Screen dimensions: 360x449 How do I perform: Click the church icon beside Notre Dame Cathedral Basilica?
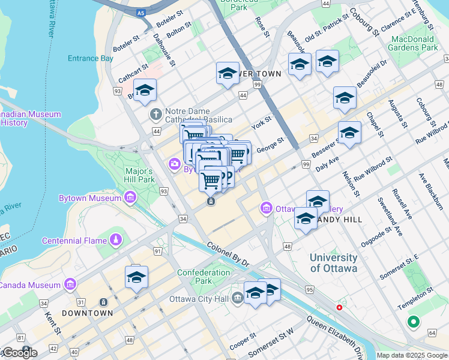[155, 114]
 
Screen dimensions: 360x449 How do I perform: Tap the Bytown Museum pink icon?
[130, 197]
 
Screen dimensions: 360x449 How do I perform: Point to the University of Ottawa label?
[333, 263]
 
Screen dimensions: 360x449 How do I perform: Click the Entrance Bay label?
[91, 58]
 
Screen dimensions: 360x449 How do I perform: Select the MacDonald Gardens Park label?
[414, 43]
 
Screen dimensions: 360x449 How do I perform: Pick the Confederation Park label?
[203, 277]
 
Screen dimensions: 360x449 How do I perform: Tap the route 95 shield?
[309, 290]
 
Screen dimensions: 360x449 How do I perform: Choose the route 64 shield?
[432, 332]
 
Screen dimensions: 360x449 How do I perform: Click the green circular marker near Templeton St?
[413, 322]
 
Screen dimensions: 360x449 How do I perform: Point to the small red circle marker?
[339, 307]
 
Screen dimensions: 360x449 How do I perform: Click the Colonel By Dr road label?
[228, 254]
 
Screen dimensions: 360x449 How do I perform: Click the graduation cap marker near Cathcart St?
[145, 90]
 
